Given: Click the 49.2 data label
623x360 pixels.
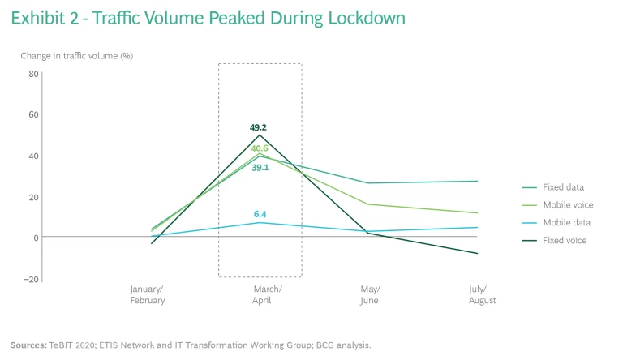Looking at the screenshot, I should [x=260, y=127].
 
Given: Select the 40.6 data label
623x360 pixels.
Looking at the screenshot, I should [x=260, y=148].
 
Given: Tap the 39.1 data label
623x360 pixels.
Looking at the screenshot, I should [x=260, y=167].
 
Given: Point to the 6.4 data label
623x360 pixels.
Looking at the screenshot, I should [x=260, y=215].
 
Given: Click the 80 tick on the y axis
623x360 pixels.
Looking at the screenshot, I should [x=33, y=73].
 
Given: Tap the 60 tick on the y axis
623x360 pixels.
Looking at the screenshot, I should [x=33, y=114].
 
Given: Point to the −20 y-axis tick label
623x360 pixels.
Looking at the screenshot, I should [x=32, y=279].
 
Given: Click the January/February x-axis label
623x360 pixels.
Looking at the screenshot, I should [x=148, y=294].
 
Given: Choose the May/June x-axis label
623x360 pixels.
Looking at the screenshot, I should [x=370, y=294].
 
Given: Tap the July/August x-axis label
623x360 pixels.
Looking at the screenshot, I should [x=482, y=294].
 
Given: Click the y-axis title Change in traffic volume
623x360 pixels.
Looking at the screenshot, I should [x=76, y=55].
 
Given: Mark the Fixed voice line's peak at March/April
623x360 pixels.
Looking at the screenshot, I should [x=260, y=135].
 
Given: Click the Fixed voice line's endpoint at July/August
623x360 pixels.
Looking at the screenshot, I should [x=478, y=254].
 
